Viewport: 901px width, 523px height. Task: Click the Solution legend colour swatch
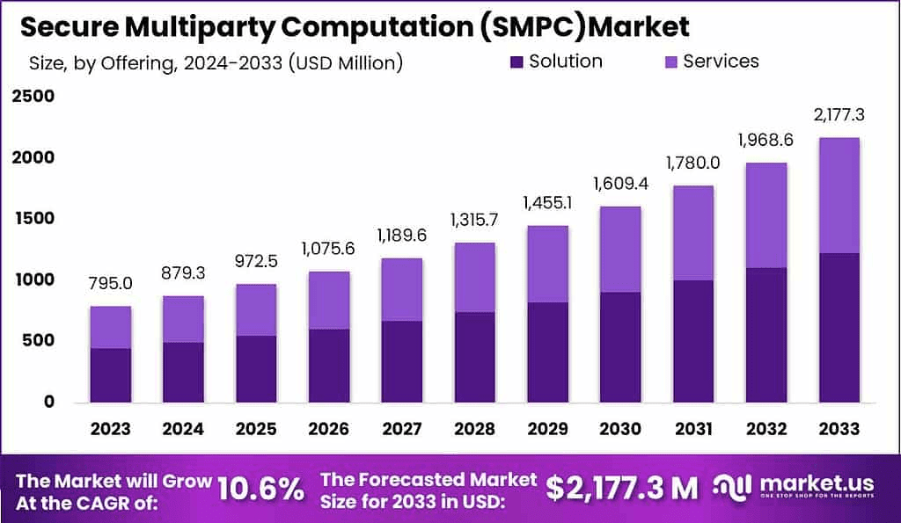516,62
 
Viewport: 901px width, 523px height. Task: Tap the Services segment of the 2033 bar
839,195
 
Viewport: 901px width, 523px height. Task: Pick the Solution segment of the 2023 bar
110,375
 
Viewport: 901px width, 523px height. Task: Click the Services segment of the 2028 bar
474,277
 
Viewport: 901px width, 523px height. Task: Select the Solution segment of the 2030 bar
620,347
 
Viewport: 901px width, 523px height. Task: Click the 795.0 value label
110,284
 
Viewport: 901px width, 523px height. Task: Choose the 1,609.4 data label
620,185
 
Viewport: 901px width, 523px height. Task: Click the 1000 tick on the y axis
33,280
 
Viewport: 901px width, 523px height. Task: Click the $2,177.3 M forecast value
622,487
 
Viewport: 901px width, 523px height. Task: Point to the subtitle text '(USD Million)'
348,62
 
